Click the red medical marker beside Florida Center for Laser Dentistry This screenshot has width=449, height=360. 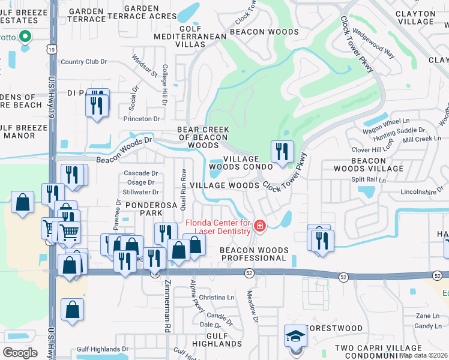[260, 226]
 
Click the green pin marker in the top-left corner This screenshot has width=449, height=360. [25, 38]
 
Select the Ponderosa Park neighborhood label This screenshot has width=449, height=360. [141, 209]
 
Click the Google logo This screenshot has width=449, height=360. [20, 352]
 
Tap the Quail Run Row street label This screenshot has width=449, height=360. [183, 187]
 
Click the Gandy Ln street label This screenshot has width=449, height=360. [427, 326]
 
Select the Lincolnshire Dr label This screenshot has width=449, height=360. [421, 193]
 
